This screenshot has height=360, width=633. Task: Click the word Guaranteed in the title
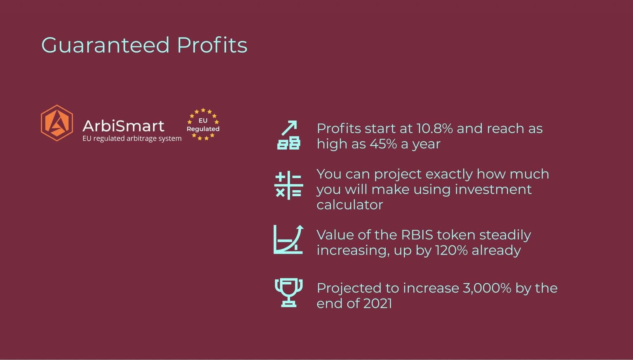tap(105, 45)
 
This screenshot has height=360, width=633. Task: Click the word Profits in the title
tap(212, 45)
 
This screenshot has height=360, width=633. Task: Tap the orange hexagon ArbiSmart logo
tap(57, 123)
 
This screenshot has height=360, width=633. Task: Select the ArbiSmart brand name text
tap(123, 126)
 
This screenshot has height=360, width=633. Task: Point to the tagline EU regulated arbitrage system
tap(132, 139)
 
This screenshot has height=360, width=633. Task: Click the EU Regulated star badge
tap(203, 125)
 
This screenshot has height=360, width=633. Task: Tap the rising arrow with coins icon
tap(288, 135)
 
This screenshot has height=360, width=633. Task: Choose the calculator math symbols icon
tap(288, 185)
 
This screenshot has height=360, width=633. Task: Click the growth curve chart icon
tap(288, 240)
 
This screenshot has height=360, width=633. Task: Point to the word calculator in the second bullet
tap(350, 205)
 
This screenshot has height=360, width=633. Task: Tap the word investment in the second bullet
tap(493, 189)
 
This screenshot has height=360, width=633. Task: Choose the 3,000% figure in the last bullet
tap(487, 288)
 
